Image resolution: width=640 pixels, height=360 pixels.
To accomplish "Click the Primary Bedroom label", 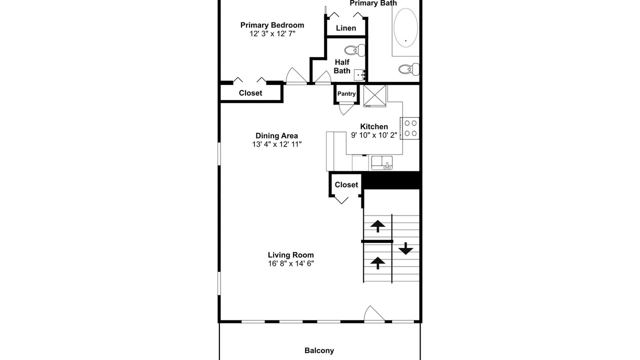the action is (272, 25).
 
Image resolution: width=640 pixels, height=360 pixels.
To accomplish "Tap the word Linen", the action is (346, 28).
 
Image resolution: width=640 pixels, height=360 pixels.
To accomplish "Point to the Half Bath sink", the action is (359, 75).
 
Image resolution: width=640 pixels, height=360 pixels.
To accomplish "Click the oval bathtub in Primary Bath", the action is (405, 27).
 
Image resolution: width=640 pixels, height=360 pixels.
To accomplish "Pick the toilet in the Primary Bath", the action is (409, 69).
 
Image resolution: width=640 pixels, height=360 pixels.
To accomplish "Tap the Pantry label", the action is (346, 93).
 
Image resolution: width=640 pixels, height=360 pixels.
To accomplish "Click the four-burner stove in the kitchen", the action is (409, 128).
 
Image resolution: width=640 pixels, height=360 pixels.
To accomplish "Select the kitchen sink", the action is (382, 163).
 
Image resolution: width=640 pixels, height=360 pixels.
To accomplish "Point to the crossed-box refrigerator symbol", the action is (375, 95).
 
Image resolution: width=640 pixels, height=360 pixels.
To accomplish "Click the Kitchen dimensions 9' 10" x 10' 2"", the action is (374, 135).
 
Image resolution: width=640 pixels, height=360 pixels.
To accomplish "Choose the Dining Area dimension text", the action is (277, 144).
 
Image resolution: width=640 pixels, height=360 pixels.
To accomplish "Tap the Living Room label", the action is (291, 255).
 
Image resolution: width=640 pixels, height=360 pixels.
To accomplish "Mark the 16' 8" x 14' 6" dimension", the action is (291, 263).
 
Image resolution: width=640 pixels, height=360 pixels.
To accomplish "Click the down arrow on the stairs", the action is (405, 248).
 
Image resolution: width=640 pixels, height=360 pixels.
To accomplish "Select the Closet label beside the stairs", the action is (346, 185).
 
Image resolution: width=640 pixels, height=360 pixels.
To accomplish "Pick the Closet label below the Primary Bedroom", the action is (250, 93).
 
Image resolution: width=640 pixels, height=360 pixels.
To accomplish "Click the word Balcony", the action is (319, 350).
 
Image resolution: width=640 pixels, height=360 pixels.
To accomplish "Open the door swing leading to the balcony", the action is (374, 313).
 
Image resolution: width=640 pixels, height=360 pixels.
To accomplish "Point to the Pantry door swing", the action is (346, 109).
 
